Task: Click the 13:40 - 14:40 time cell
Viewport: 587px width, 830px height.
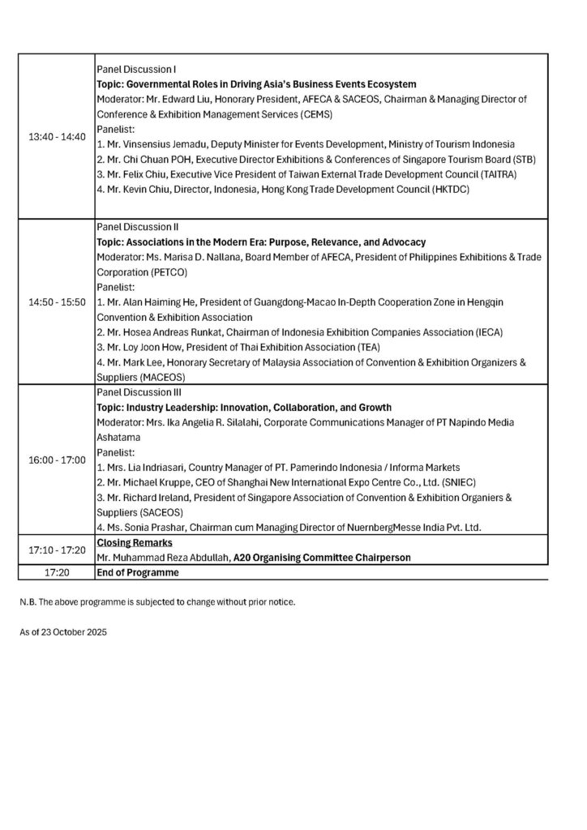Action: point(56,136)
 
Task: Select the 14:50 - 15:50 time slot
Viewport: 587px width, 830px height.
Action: point(56,302)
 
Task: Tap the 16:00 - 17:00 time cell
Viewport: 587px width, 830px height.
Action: point(56,460)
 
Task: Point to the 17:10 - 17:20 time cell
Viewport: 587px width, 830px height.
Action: point(56,549)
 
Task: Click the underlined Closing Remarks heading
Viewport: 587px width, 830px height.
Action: point(133,541)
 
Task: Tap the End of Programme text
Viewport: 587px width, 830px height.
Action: point(137,571)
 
